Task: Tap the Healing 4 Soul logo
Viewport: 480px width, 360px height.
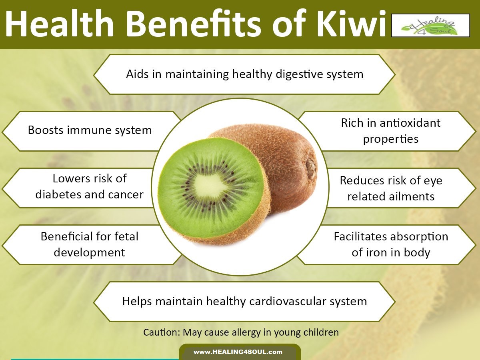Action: click(430, 25)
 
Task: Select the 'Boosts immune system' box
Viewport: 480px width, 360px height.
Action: click(90, 130)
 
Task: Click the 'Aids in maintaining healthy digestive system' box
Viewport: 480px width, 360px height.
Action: click(244, 74)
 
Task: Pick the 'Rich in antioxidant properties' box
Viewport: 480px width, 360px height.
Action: click(390, 131)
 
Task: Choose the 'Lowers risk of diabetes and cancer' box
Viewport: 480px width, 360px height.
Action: click(89, 187)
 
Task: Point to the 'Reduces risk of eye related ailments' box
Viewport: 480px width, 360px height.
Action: click(391, 188)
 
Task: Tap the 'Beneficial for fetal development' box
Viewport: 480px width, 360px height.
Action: click(89, 244)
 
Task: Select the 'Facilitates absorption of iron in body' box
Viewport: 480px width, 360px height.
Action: click(391, 244)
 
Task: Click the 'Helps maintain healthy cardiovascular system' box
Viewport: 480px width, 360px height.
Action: click(244, 301)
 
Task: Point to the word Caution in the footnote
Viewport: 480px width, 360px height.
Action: click(158, 332)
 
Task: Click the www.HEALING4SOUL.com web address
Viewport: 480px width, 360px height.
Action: click(238, 352)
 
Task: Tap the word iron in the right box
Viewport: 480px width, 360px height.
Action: click(374, 253)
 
